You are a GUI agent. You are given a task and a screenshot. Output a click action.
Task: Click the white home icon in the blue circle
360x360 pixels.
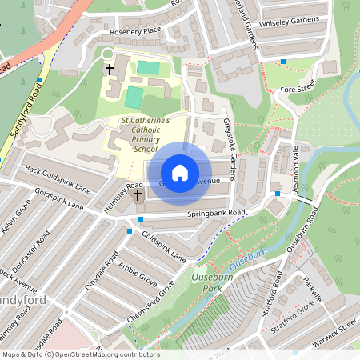[180, 172]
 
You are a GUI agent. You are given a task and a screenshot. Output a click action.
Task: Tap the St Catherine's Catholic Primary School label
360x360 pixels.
[145, 134]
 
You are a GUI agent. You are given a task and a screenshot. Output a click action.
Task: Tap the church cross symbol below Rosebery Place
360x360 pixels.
[109, 70]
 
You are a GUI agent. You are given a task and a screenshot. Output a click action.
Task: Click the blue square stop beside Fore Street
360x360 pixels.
[283, 61]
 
